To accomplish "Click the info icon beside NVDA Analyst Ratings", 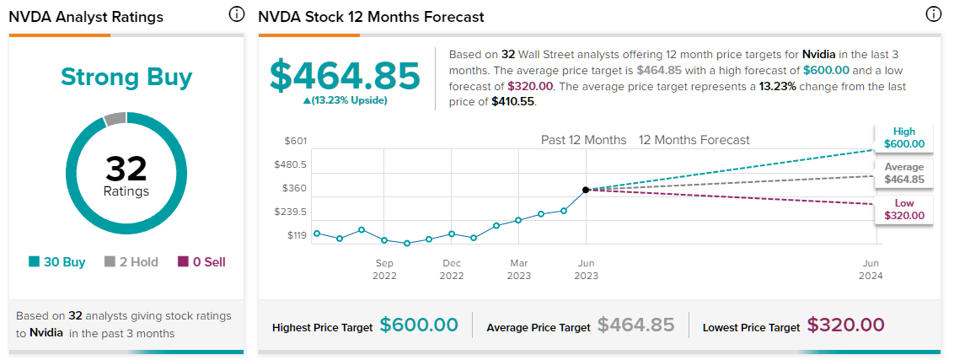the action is (x=236, y=14).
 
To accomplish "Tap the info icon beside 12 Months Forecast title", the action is (x=933, y=14).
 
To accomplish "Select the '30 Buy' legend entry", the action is (x=57, y=262).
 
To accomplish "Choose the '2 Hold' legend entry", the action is (x=131, y=262).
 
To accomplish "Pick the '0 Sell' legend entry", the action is (x=201, y=262).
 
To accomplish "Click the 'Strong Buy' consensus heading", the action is (x=126, y=78).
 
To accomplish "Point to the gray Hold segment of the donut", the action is (x=115, y=119).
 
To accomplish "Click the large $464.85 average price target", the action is (x=345, y=76).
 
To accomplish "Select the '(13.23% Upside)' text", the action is (x=345, y=100).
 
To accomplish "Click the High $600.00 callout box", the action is (x=903, y=138).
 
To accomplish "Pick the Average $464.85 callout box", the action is (x=903, y=174).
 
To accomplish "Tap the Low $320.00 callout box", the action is (x=903, y=210).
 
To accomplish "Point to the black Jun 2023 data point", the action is (x=586, y=190).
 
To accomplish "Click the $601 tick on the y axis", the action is (x=296, y=142).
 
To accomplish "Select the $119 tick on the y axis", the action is (x=297, y=235).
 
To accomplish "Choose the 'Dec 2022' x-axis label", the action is (x=452, y=269).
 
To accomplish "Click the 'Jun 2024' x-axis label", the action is (x=871, y=269).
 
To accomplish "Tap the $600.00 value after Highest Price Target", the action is (x=419, y=325).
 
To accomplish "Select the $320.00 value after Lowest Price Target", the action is (x=845, y=325).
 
